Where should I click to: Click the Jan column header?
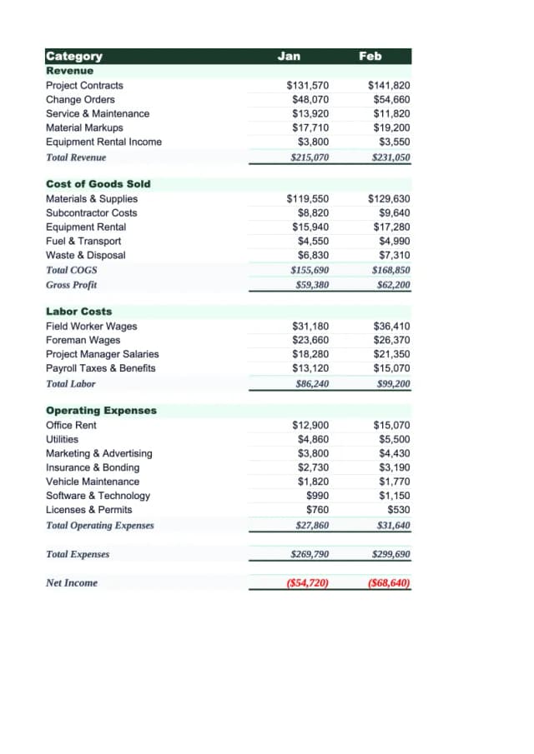(x=289, y=56)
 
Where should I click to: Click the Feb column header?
(x=370, y=56)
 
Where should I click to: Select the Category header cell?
(x=74, y=57)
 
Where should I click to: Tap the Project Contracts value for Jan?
(x=307, y=86)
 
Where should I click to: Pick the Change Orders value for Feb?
(x=390, y=100)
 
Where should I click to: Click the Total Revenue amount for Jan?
(x=309, y=157)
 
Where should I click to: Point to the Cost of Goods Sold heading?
(x=98, y=184)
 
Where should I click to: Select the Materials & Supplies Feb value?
(x=389, y=199)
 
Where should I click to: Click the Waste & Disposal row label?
(x=85, y=256)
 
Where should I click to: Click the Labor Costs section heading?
(x=78, y=312)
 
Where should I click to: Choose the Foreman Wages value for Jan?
(x=310, y=341)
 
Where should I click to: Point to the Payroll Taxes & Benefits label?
(x=100, y=368)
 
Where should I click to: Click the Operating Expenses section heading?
(x=101, y=411)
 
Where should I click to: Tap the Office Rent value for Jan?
(x=310, y=426)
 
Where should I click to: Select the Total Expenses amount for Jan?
(x=309, y=554)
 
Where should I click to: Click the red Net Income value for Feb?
(x=389, y=583)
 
